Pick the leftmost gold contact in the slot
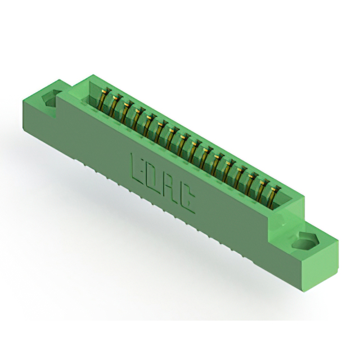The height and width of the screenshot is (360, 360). point(103,99)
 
